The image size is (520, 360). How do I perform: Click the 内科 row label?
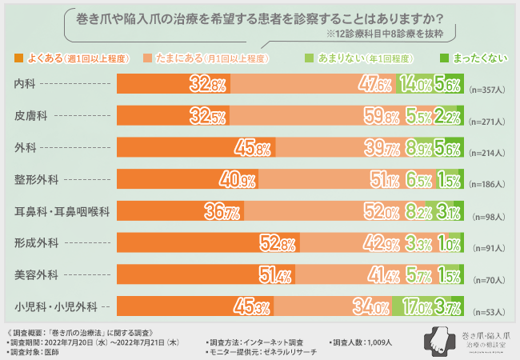[x=26, y=84]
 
